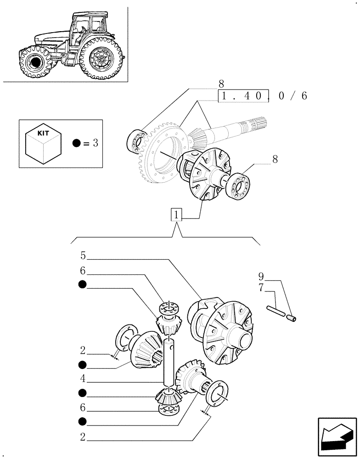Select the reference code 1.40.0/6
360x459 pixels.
coord(262,96)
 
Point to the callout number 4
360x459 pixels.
coord(83,380)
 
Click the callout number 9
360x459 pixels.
coord(261,277)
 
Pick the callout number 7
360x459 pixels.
coord(261,288)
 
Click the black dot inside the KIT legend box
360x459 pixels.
coord(77,143)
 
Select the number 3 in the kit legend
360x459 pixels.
coord(95,143)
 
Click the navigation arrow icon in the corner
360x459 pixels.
coord(337,437)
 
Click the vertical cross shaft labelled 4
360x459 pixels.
coord(169,363)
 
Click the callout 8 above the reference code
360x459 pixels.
coord(221,84)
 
